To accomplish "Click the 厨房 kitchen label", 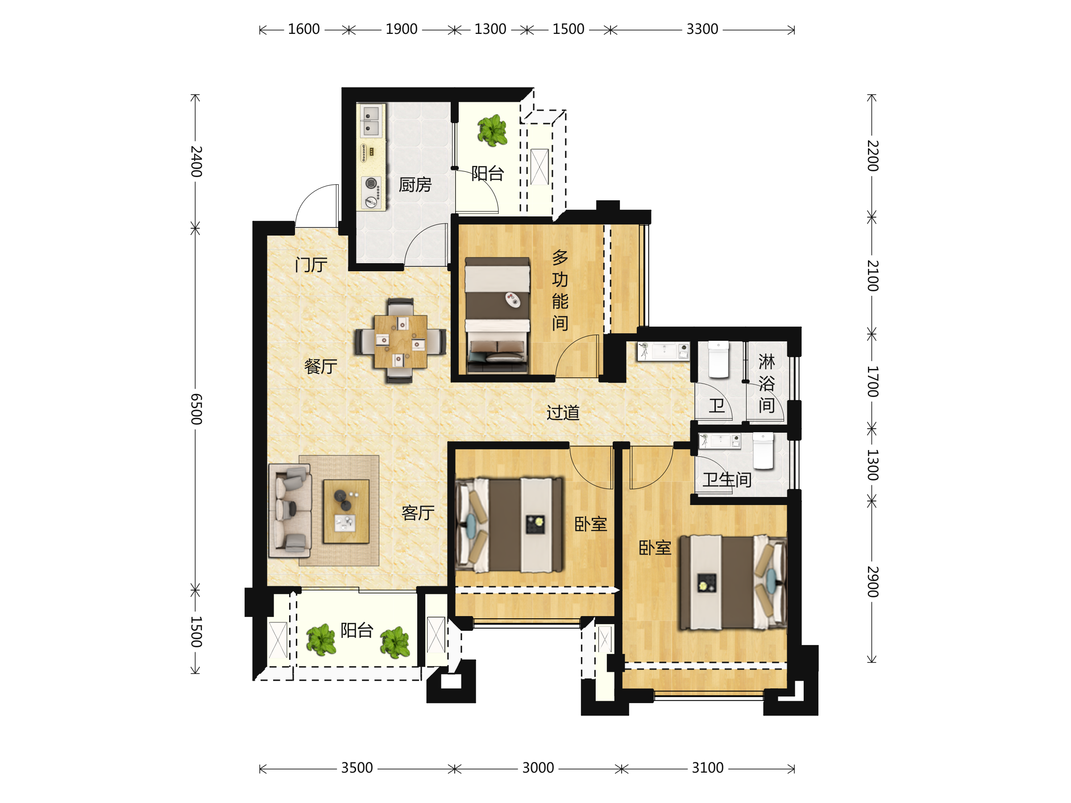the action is (415, 185).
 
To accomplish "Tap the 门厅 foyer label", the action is (311, 265).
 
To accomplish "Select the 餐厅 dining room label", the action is (320, 366).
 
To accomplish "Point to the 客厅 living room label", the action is (418, 513).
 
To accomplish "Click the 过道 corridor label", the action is (563, 413).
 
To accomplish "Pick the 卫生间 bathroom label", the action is (727, 480).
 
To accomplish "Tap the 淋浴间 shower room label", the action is (767, 383).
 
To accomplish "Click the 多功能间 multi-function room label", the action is (560, 290).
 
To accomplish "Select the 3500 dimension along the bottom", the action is (357, 768).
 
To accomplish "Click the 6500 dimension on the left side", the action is (196, 409).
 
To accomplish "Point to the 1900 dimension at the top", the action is (401, 29).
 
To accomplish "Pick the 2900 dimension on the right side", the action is (872, 581).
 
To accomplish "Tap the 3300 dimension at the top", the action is (702, 29).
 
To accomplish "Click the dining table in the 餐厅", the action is (400, 341).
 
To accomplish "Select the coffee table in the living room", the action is (346, 511).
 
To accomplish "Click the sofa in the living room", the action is (290, 511).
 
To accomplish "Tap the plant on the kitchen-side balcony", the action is (492, 130).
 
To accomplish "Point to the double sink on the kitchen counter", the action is (371, 121).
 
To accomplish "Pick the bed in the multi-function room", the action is (497, 315).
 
